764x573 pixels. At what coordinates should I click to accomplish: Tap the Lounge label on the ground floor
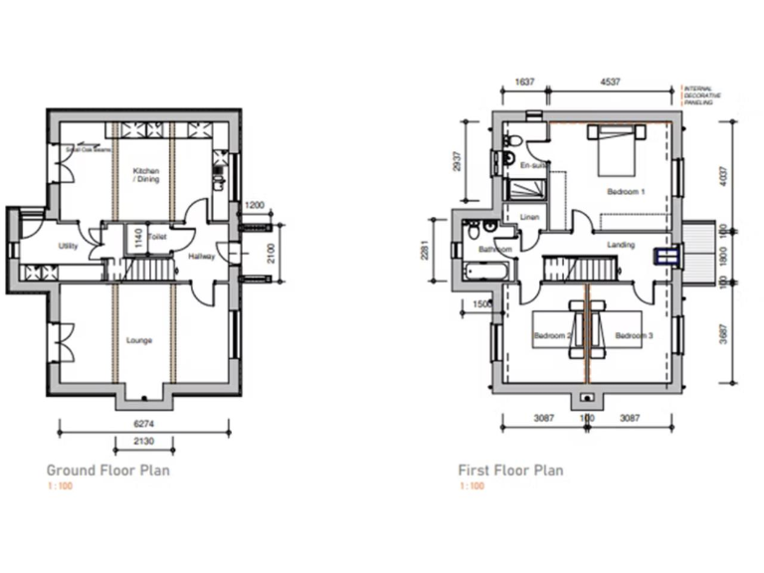(139, 340)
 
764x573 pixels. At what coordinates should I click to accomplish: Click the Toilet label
(156, 237)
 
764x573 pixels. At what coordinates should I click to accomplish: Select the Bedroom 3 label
(633, 336)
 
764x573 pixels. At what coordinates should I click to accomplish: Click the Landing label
(620, 244)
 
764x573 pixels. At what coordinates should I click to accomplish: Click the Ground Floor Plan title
(107, 470)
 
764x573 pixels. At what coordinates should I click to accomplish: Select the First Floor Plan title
(509, 470)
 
